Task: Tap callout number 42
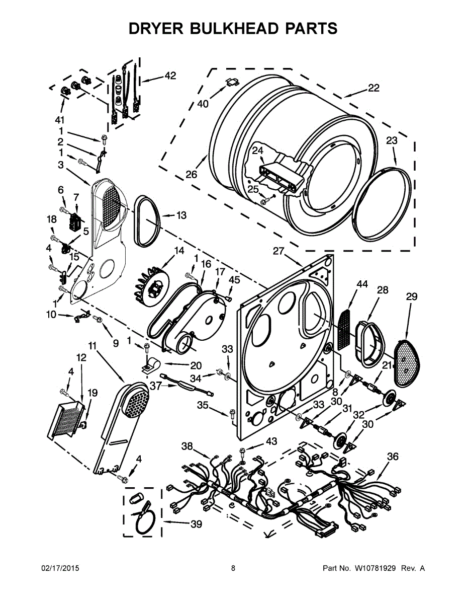point(170,76)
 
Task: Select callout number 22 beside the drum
point(373,88)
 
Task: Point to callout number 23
point(392,141)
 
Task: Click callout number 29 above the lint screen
point(411,297)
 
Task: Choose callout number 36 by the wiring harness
point(393,457)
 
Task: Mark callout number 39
point(196,524)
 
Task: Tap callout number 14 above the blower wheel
point(179,251)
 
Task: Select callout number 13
point(181,215)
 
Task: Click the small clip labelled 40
point(232,82)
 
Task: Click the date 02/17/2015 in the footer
point(60,568)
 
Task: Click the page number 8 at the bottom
point(233,568)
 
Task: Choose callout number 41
point(60,120)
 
